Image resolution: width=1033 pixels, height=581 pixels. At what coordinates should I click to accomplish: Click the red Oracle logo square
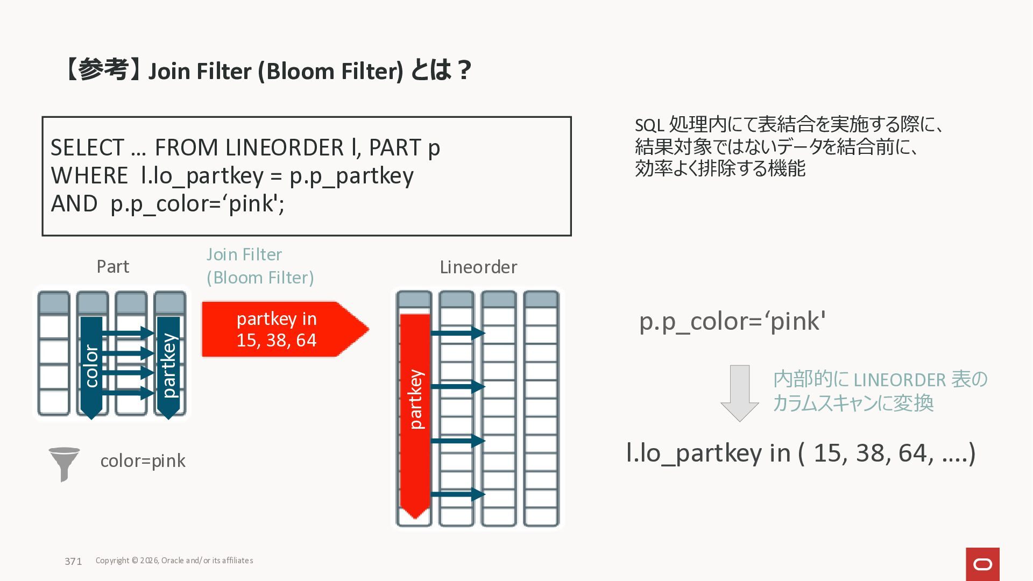pos(982,564)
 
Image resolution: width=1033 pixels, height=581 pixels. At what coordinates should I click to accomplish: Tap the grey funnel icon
pos(64,463)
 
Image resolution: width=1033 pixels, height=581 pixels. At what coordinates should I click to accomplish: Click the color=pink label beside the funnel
pos(143,461)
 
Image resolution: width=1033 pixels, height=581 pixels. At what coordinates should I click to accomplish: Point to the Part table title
pos(113,267)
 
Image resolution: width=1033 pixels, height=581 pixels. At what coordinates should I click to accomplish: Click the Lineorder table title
pos(478,267)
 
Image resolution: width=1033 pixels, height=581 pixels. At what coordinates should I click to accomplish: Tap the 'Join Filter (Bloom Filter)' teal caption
pos(260,266)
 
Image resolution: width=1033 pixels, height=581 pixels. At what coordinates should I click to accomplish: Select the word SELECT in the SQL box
pos(87,148)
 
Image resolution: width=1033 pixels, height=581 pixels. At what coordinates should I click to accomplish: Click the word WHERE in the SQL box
pos(89,176)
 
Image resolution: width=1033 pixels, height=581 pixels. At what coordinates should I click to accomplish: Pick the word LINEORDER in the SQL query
pos(284,148)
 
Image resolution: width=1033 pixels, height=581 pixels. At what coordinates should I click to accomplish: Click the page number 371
pos(73,561)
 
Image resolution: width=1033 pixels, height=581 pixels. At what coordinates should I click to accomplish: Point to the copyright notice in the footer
pos(174,561)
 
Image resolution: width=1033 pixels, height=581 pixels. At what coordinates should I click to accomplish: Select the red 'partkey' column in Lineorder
pos(415,414)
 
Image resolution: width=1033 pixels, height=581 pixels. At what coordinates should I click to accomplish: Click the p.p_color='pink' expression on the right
pos(732,322)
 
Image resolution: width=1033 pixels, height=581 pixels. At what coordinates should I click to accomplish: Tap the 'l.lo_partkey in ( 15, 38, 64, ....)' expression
pos(801,453)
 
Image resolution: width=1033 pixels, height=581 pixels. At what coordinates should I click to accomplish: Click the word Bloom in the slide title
pos(297,72)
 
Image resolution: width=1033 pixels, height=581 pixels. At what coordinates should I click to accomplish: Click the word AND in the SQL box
pos(74,204)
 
